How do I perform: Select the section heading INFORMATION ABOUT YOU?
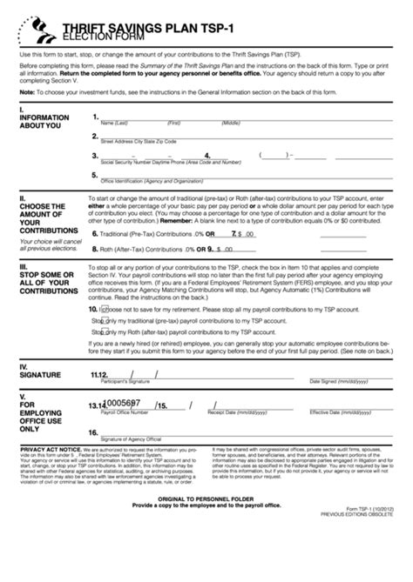click(x=40, y=120)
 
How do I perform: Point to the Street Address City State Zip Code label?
click(x=139, y=140)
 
